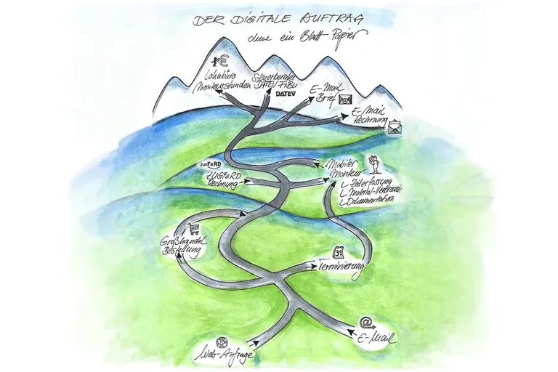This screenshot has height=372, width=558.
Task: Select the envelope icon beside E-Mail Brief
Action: [x=346, y=100]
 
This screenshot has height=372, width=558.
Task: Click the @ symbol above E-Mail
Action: [x=365, y=323]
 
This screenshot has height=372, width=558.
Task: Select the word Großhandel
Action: [x=182, y=241]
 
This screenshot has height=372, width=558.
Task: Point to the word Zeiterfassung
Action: [x=368, y=179]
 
